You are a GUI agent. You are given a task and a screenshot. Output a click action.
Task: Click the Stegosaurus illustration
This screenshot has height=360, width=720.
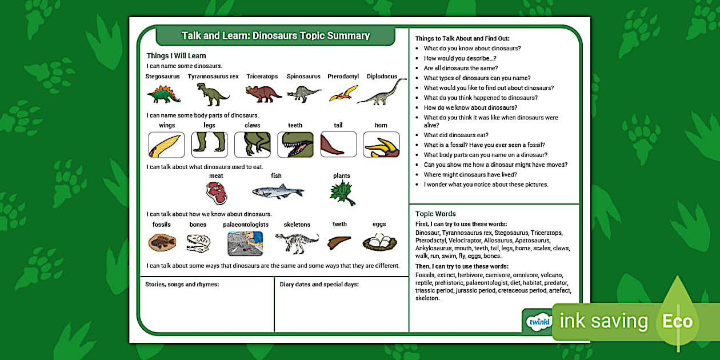pos(163,93)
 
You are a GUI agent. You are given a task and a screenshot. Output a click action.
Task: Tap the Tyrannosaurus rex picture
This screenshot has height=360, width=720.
pos(212,94)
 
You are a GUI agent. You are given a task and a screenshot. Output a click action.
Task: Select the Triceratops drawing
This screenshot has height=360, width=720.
pos(263,93)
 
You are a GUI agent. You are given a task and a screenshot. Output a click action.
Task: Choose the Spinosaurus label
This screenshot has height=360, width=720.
pos(303,77)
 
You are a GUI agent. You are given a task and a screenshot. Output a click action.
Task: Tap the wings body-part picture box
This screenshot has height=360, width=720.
pos(166,145)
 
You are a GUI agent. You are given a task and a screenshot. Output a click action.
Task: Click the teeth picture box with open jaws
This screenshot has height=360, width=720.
pos(295,145)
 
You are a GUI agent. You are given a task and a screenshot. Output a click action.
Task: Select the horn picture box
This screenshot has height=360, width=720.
pos(381,145)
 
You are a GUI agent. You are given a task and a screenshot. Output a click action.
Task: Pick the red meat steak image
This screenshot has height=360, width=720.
pos(217,193)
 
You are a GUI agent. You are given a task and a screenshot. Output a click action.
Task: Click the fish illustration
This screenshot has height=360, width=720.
pos(278,191)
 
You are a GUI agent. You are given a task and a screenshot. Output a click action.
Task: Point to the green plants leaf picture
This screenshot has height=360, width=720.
pos(342,193)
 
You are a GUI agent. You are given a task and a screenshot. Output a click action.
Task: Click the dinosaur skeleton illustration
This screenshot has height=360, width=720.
pos(297,243)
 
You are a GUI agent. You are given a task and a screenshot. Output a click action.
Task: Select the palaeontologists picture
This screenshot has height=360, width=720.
pos(245,243)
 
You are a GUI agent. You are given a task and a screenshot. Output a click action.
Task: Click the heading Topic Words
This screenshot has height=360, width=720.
pos(435,214)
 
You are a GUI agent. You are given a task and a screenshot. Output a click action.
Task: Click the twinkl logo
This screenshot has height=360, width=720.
pos(539,322)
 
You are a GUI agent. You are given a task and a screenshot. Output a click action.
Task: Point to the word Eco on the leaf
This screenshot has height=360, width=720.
pos(677,322)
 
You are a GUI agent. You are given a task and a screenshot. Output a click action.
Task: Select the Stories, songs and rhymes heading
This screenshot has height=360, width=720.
pos(182,285)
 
